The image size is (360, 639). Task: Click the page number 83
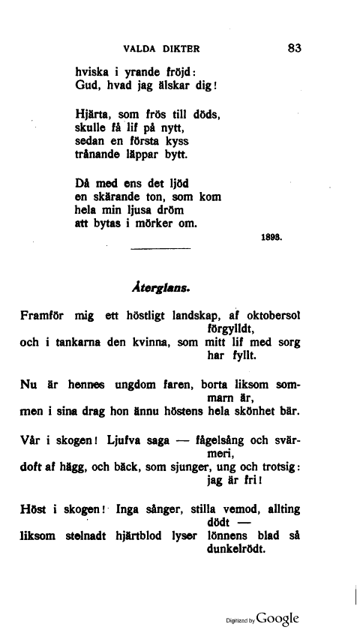pyautogui.click(x=293, y=49)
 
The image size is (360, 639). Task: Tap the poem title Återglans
pyautogui.click(x=161, y=286)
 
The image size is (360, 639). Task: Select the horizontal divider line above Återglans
pyautogui.click(x=160, y=248)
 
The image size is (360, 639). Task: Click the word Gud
pyautogui.click(x=88, y=86)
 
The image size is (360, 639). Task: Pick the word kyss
pyautogui.click(x=175, y=142)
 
